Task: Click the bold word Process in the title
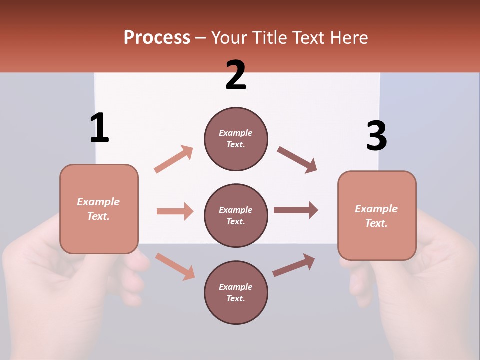pos(157,37)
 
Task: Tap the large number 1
pos(99,128)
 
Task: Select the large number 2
pos(236,75)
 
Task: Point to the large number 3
pos(376,136)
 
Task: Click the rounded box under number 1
pos(99,209)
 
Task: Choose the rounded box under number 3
pos(377,215)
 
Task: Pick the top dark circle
pos(236,139)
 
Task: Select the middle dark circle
pos(236,215)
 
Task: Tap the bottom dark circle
pos(236,292)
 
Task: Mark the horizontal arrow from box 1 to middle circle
pos(175,211)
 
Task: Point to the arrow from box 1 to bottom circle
pos(175,266)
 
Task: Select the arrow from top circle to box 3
pos(297,160)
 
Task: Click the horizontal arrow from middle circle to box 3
pos(296,210)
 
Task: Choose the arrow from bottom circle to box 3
pos(294,265)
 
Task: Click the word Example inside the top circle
pos(235,133)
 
